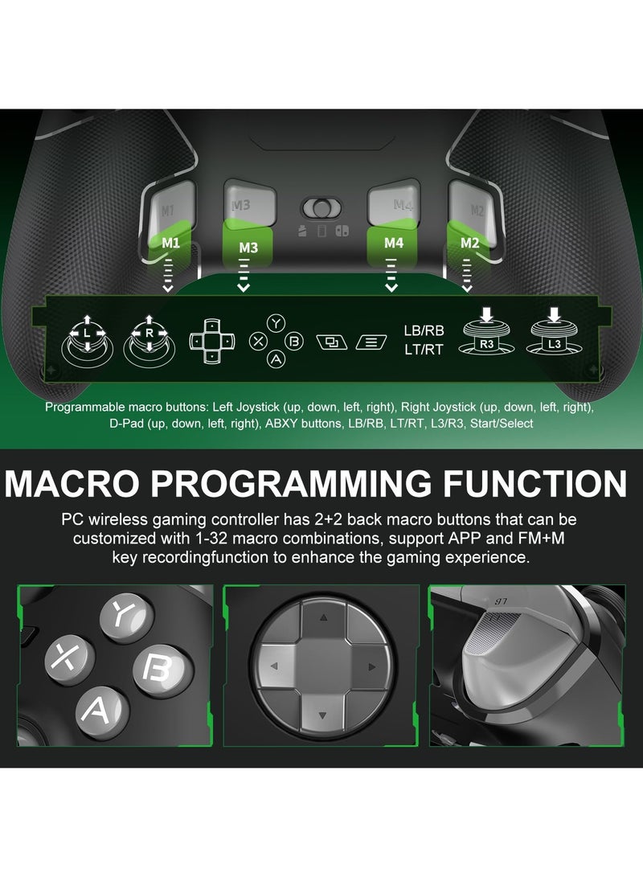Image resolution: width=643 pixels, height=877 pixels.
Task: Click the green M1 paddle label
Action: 170,242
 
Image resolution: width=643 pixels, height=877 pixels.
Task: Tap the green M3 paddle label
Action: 248,248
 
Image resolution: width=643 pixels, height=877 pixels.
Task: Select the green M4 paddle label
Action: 393,242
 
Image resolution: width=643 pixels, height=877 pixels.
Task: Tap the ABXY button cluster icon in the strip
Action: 276,341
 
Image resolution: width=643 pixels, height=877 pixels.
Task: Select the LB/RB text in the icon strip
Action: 424,330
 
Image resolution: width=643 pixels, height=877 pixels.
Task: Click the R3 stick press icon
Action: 486,334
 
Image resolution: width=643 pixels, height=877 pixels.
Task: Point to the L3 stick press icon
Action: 555,334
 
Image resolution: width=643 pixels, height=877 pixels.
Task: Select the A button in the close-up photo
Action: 102,708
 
